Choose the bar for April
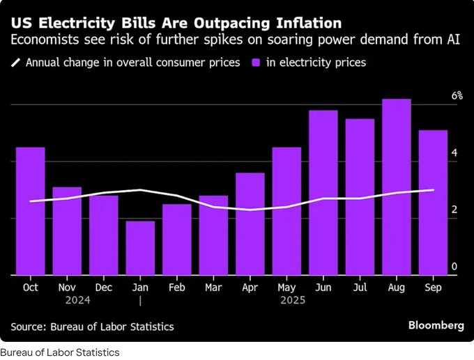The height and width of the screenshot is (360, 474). point(250,224)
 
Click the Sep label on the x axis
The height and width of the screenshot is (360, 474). point(433,287)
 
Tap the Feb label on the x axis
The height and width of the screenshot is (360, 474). point(177,287)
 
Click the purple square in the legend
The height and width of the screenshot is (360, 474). point(256,63)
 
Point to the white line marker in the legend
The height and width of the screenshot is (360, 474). point(16,63)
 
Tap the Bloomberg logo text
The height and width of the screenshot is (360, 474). point(436,325)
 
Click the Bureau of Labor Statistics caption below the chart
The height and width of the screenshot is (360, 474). point(60,352)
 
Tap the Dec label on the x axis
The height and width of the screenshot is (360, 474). point(103,287)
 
